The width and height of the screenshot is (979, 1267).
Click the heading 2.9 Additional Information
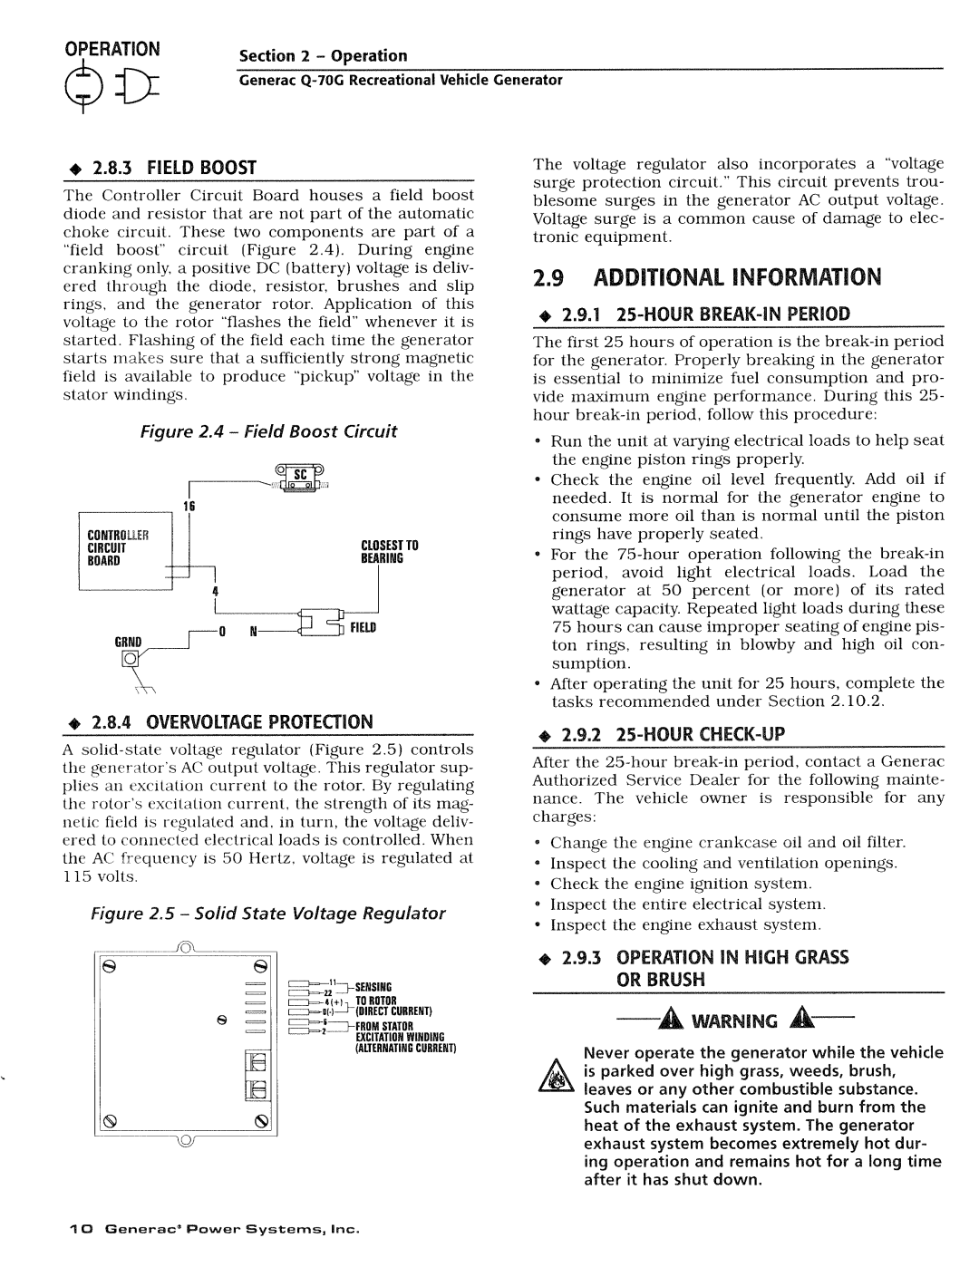(705, 276)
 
